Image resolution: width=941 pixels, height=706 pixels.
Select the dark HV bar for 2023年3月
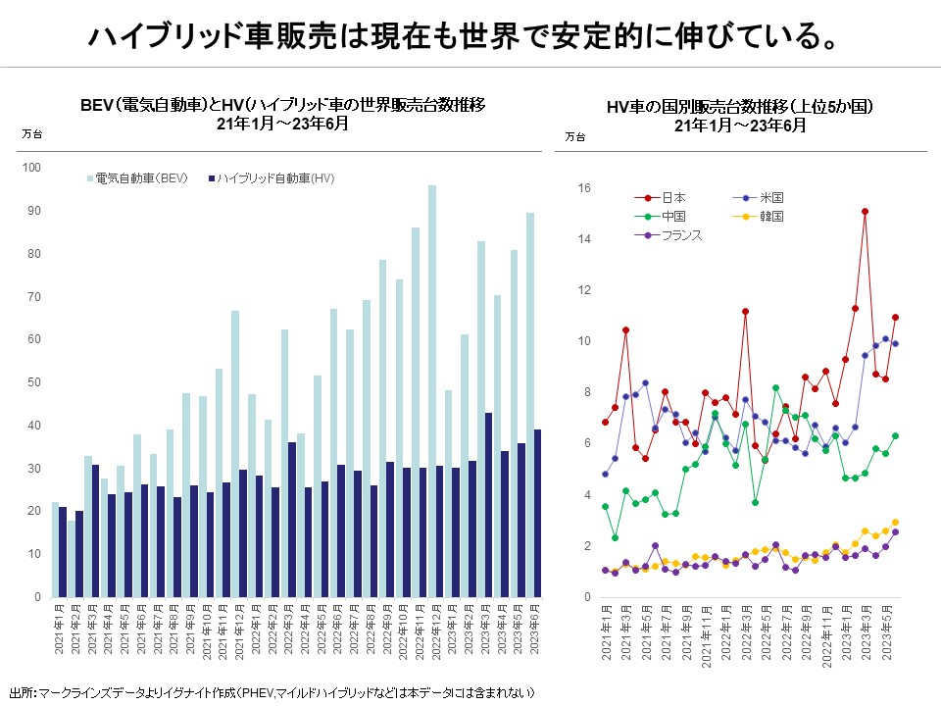click(x=489, y=504)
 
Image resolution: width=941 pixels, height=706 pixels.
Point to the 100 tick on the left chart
click(x=32, y=169)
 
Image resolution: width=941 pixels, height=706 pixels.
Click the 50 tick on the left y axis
click(x=35, y=383)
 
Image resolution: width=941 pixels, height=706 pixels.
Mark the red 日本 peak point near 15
click(x=865, y=211)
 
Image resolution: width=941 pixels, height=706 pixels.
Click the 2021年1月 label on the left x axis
click(x=58, y=633)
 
